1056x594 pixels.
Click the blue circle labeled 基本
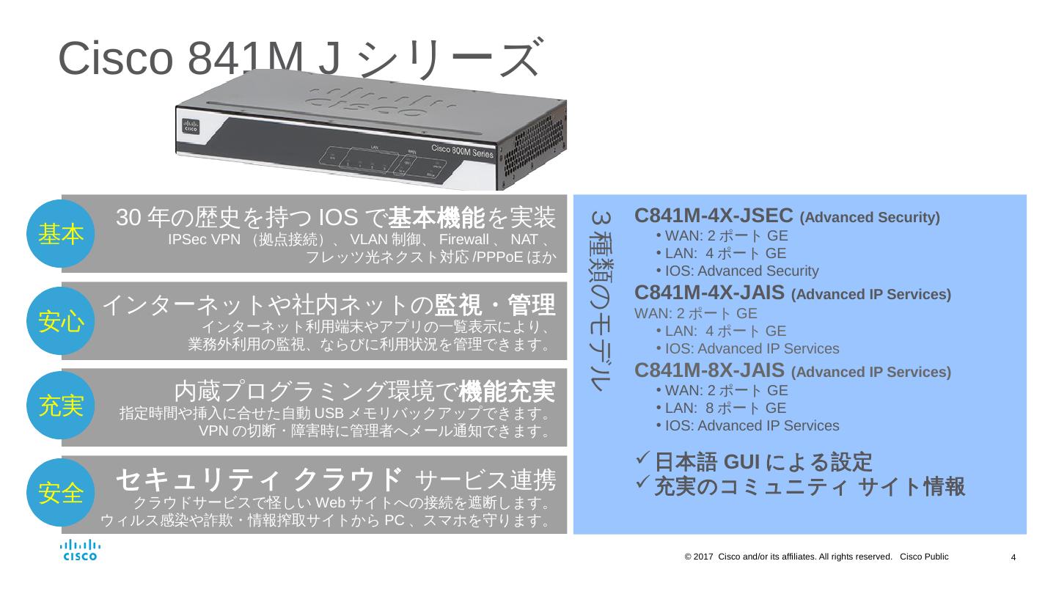(x=61, y=234)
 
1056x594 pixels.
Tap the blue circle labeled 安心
(x=61, y=321)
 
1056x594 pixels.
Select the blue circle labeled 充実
(x=61, y=406)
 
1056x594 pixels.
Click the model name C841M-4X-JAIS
(x=710, y=293)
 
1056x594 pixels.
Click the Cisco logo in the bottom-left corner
(x=79, y=550)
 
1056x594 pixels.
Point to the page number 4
(x=1013, y=558)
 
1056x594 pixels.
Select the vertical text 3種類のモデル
(x=601, y=301)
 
